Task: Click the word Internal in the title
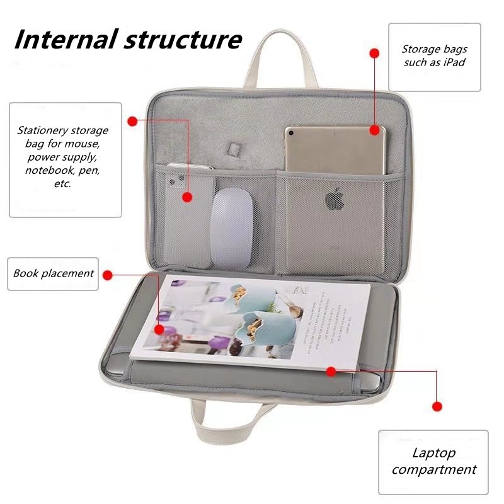click(64, 39)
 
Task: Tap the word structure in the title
click(183, 39)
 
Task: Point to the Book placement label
click(54, 273)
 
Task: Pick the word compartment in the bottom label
click(433, 469)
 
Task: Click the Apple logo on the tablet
click(335, 201)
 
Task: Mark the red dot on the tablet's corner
click(374, 130)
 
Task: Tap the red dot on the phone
click(187, 197)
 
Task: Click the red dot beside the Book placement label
click(108, 275)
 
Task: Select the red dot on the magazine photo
click(159, 329)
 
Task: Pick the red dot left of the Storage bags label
click(374, 54)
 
